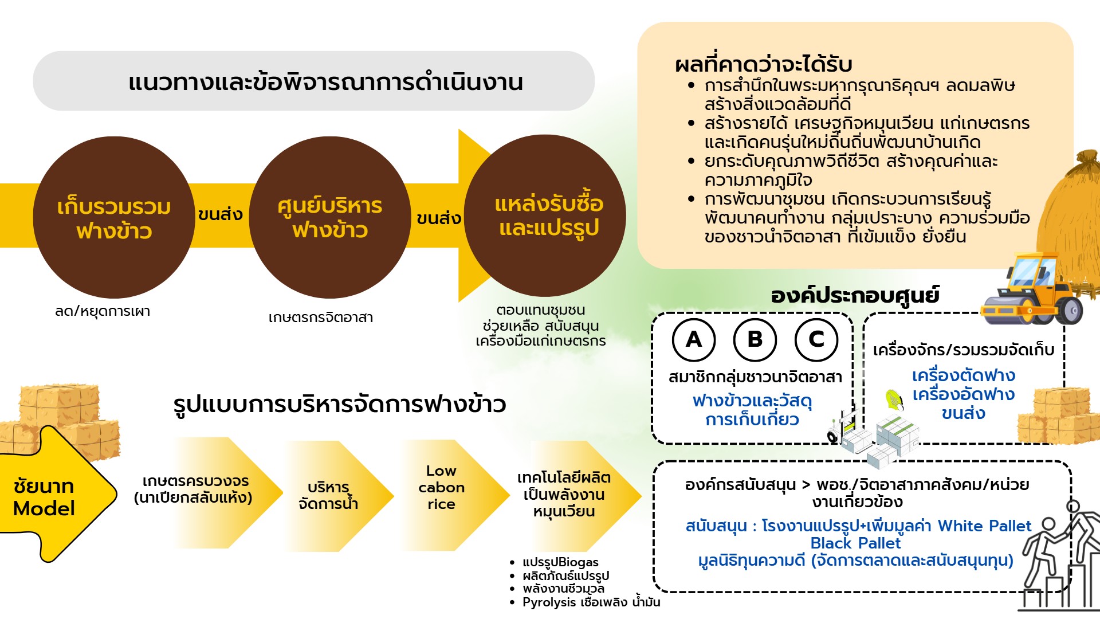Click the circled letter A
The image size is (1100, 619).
coord(694,339)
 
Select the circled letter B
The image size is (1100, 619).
coord(755,339)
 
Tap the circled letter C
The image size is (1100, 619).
coord(816,339)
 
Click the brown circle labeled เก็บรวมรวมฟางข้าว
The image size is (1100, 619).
coord(114,218)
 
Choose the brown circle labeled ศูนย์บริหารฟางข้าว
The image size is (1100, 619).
coord(329,218)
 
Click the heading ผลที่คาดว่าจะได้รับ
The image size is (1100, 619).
coord(764,64)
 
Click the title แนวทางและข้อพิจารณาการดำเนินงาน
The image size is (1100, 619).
coord(325,82)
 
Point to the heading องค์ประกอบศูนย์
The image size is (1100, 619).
coord(855,296)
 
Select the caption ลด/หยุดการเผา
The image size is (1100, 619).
coord(103,311)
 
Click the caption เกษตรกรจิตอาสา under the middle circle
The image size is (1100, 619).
coord(321,318)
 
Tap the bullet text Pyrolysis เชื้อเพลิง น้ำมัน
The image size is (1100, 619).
coord(591,602)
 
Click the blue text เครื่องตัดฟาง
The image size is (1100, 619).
coord(963,376)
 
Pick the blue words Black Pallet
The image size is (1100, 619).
coord(855,543)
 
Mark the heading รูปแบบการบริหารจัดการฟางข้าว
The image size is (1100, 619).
coord(340,405)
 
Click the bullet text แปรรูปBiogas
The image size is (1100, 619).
coord(560,562)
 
